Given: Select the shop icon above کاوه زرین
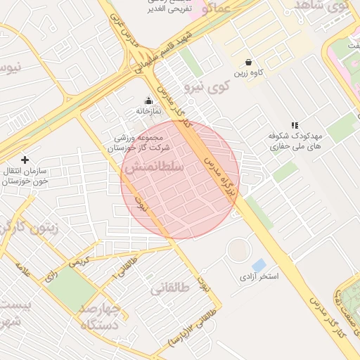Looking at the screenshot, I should tap(249, 62).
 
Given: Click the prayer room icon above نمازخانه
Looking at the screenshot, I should tap(148, 100).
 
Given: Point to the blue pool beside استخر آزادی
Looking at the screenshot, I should tap(259, 265).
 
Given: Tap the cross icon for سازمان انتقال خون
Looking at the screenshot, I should tap(25, 160).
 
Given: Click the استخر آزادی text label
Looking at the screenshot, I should tap(259, 277).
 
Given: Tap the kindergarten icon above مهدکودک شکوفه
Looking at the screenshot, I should tap(294, 124).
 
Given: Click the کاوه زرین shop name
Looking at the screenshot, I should tap(249, 73).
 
